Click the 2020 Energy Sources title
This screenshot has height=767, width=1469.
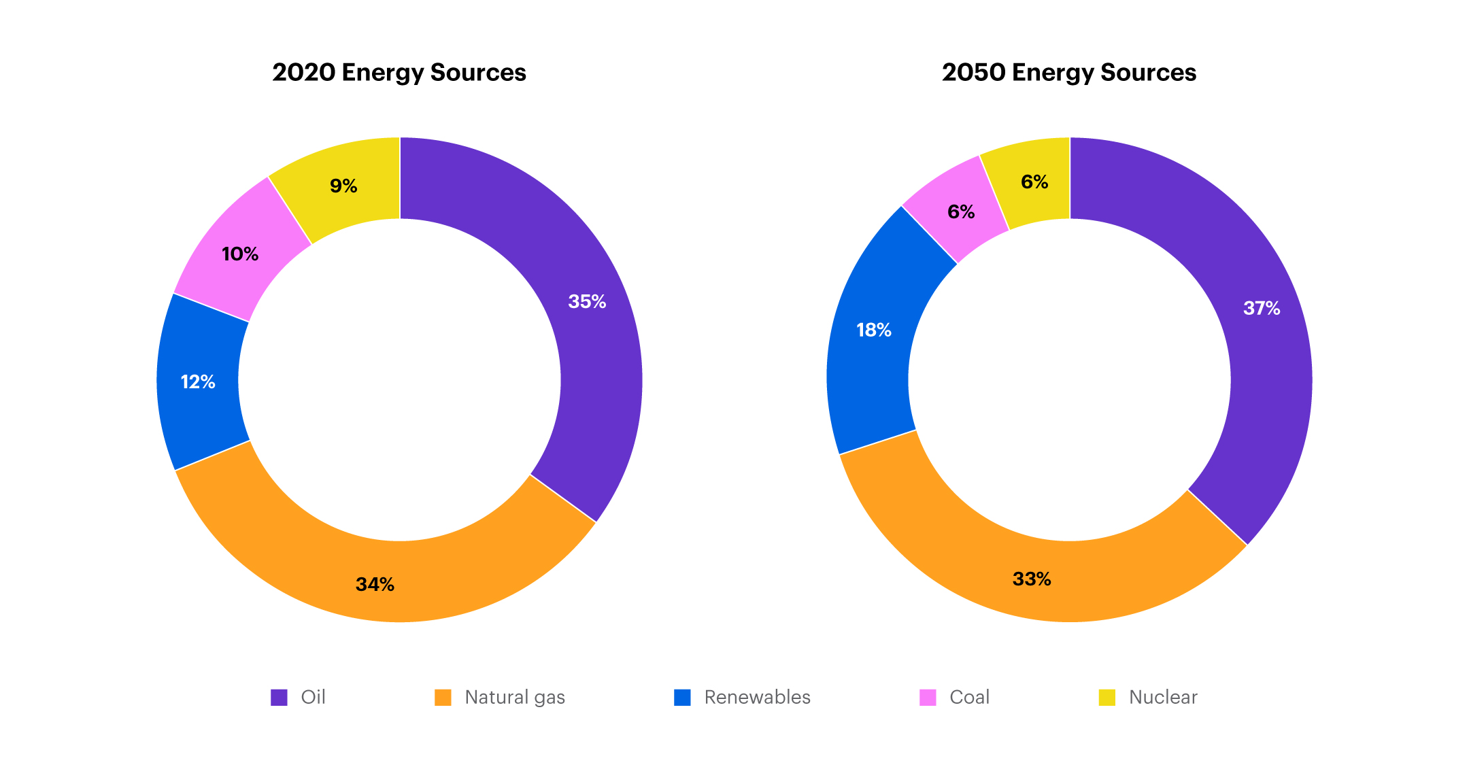click(x=399, y=73)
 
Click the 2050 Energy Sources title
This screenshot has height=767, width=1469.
click(x=1068, y=73)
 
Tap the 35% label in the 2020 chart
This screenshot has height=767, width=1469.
click(x=587, y=301)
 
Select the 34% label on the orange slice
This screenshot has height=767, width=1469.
click(x=375, y=584)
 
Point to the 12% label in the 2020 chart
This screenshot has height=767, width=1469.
click(x=198, y=381)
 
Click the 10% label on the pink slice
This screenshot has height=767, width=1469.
click(x=240, y=254)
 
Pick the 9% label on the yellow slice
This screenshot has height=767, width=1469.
click(x=343, y=186)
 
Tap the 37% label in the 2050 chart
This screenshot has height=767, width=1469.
click(x=1262, y=308)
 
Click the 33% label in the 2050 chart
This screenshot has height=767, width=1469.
click(x=1032, y=579)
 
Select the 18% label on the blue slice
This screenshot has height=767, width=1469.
click(x=874, y=330)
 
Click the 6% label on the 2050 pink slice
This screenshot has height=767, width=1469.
click(x=961, y=211)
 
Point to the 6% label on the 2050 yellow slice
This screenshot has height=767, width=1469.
click(x=1034, y=182)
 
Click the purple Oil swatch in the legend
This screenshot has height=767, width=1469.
click(x=279, y=697)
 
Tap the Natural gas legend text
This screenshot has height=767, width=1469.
click(x=515, y=697)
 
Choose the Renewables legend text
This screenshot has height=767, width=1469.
click(x=757, y=697)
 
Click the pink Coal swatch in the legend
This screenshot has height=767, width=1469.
click(x=928, y=697)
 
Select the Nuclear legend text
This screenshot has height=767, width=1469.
click(x=1163, y=697)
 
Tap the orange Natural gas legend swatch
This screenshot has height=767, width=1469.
click(x=443, y=697)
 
